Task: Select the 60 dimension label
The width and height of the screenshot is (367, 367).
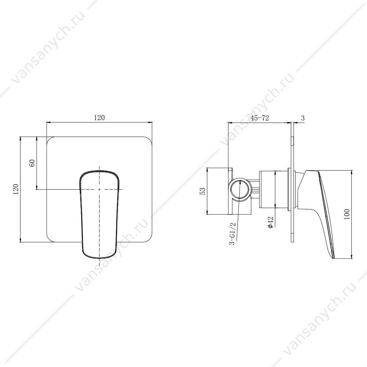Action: pos(32,163)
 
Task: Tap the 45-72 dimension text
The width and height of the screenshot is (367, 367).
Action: pos(260,118)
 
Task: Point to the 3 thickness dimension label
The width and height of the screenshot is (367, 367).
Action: pos(303,118)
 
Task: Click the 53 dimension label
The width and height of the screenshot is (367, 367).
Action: pos(203,191)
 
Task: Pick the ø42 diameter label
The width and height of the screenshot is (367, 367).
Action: pos(270,222)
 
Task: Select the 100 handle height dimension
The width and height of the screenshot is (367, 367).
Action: pos(347,214)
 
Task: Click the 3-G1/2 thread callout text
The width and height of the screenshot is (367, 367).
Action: pos(232,233)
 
